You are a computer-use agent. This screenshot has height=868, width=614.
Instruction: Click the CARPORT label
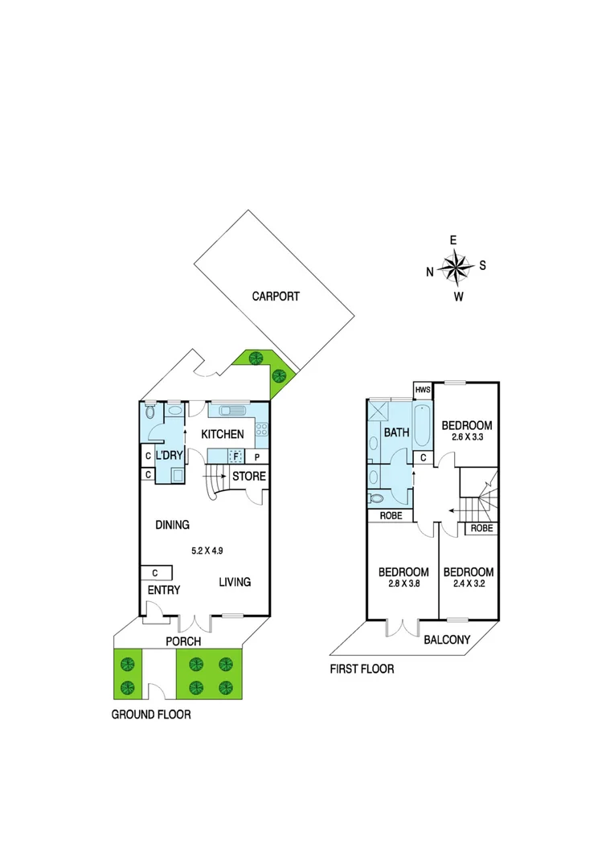click(x=276, y=297)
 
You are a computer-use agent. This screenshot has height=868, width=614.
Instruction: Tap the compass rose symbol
click(x=456, y=268)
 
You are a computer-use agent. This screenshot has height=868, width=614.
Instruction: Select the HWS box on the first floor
click(x=424, y=390)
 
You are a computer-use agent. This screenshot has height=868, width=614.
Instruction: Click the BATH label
click(x=396, y=432)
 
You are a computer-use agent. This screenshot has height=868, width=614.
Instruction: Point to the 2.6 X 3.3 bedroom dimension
click(x=467, y=438)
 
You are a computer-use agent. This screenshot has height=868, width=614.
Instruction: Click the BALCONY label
click(x=447, y=641)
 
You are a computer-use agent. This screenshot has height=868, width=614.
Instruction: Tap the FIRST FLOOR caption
click(x=362, y=669)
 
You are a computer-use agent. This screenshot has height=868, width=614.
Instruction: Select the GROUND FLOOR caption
click(x=151, y=714)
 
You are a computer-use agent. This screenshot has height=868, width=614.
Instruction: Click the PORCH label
click(x=182, y=642)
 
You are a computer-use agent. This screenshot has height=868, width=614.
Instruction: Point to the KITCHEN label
click(x=223, y=435)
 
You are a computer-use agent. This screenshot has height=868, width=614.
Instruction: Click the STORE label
click(x=248, y=477)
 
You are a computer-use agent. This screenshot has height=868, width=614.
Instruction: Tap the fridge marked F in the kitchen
click(x=235, y=456)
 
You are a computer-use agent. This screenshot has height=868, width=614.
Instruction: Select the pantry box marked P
click(x=257, y=457)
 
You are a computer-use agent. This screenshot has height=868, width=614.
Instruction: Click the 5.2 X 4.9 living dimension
click(x=207, y=551)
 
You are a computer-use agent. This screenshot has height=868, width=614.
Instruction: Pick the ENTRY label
click(x=163, y=591)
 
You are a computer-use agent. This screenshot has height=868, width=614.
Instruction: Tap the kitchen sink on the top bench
click(x=230, y=411)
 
